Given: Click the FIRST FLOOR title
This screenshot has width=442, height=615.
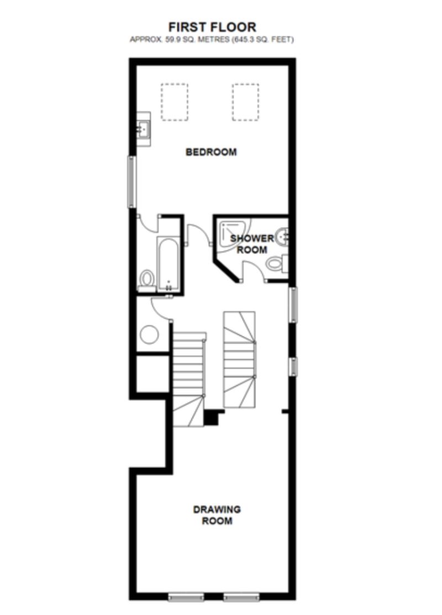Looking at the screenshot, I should pos(212,26).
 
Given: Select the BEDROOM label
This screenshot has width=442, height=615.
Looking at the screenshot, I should pos(211,152).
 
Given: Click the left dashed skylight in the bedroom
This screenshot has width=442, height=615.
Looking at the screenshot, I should pos(174,101).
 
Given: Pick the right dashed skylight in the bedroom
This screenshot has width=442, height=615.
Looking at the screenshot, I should pos(245,101).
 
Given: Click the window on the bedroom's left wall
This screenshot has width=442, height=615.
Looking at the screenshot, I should pos(132,182).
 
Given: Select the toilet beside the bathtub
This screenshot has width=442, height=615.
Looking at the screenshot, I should pos(147,279).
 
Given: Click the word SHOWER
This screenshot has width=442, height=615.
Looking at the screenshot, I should pos(252,238).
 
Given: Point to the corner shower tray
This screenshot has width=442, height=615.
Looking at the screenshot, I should pos(232,232).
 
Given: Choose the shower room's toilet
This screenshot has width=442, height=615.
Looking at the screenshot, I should pos(276,264).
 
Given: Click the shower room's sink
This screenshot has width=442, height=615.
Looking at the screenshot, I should pos(283,236).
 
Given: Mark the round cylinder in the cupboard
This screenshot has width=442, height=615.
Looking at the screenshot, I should pos(149,334).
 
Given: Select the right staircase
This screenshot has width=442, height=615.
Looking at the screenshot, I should pos(239,359).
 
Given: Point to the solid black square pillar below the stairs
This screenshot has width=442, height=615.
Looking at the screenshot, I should pos(211,418).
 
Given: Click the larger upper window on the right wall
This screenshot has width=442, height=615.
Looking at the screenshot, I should pos(293,304).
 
